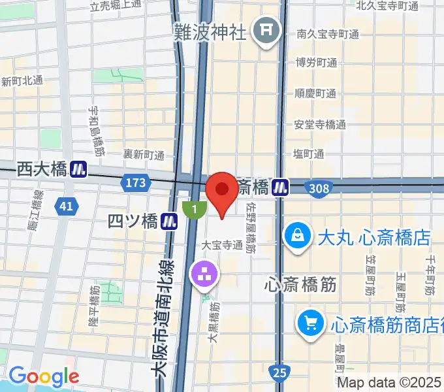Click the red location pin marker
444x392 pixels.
[x=222, y=189]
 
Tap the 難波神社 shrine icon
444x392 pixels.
[x=266, y=29]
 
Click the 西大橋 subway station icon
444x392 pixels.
[x=80, y=169]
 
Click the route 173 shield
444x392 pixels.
[x=136, y=184]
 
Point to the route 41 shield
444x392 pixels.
[x=65, y=206]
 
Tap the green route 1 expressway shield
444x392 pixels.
[x=194, y=210]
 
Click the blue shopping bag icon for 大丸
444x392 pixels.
[x=298, y=235]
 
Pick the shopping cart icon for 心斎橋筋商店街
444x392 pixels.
[x=309, y=322]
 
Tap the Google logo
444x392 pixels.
[x=44, y=376]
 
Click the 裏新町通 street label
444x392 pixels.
[x=144, y=155]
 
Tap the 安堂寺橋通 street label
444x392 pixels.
[x=319, y=124]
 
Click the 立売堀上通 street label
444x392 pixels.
[x=116, y=5]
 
